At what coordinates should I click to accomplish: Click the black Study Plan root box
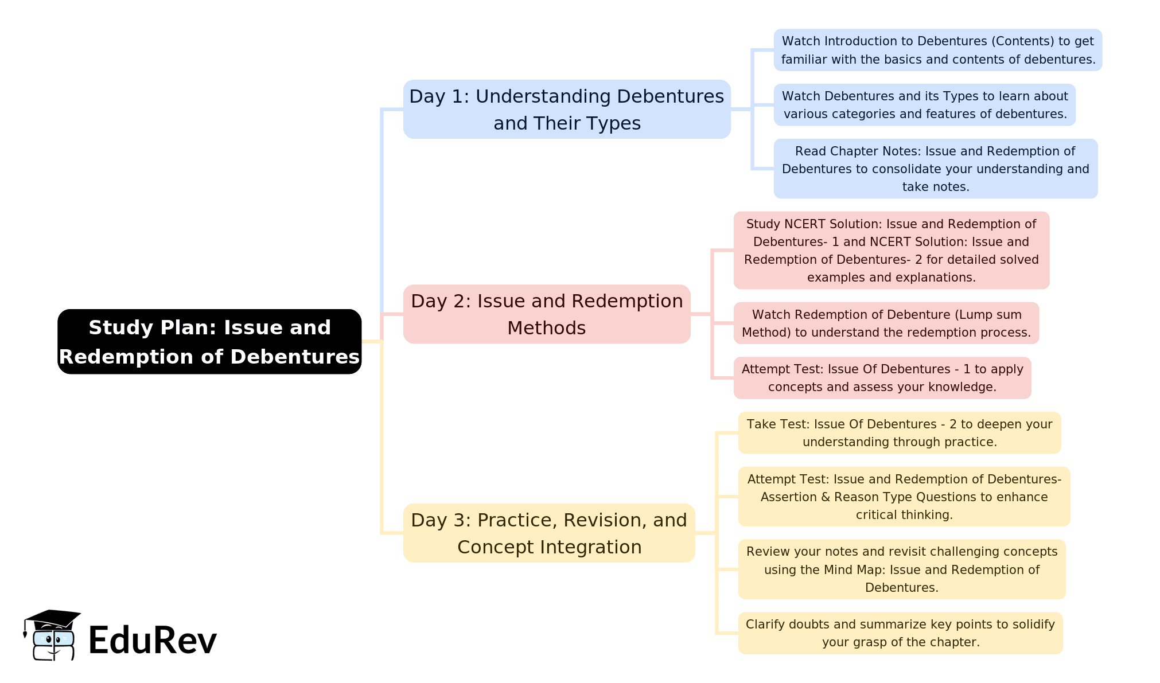click(x=209, y=342)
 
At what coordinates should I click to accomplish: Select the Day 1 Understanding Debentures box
click(x=567, y=109)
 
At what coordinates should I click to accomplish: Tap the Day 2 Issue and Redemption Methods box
click(x=547, y=314)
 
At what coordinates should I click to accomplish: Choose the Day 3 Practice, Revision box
click(x=549, y=533)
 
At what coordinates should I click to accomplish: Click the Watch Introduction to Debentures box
click(x=938, y=50)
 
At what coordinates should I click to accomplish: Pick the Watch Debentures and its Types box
click(x=925, y=105)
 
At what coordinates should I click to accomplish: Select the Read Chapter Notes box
click(x=936, y=169)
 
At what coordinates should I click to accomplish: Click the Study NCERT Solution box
click(x=892, y=251)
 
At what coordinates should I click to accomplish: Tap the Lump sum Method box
click(x=886, y=323)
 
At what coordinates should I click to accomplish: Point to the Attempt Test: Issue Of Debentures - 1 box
click(x=882, y=378)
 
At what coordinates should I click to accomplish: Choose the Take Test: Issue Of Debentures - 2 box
click(x=900, y=433)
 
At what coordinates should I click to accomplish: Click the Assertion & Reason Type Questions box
click(x=904, y=497)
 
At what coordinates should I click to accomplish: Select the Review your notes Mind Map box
click(x=902, y=569)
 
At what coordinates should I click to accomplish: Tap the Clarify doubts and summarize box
click(x=901, y=633)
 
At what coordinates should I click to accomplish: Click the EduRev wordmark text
click(x=153, y=640)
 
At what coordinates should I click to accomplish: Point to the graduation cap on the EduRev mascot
click(x=52, y=620)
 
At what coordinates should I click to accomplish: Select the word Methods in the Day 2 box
click(x=547, y=328)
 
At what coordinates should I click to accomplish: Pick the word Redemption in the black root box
click(x=134, y=357)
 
